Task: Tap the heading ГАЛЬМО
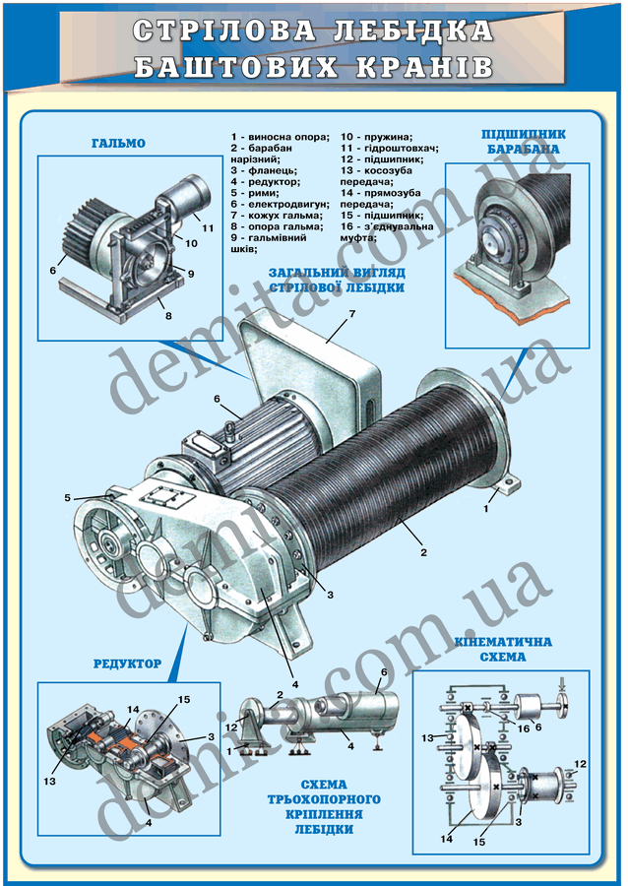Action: [118, 144]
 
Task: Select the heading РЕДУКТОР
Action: [127, 664]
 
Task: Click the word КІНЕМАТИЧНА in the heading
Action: [503, 643]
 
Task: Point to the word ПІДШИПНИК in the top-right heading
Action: [524, 135]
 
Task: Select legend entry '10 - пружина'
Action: [377, 137]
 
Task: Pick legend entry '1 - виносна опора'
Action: [280, 137]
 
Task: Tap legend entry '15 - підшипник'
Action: [382, 216]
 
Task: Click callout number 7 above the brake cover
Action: [352, 314]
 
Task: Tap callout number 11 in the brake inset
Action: [208, 227]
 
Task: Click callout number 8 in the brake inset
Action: [168, 316]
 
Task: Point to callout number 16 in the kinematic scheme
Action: [524, 728]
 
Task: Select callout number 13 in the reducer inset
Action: [49, 781]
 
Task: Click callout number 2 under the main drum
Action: [423, 552]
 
